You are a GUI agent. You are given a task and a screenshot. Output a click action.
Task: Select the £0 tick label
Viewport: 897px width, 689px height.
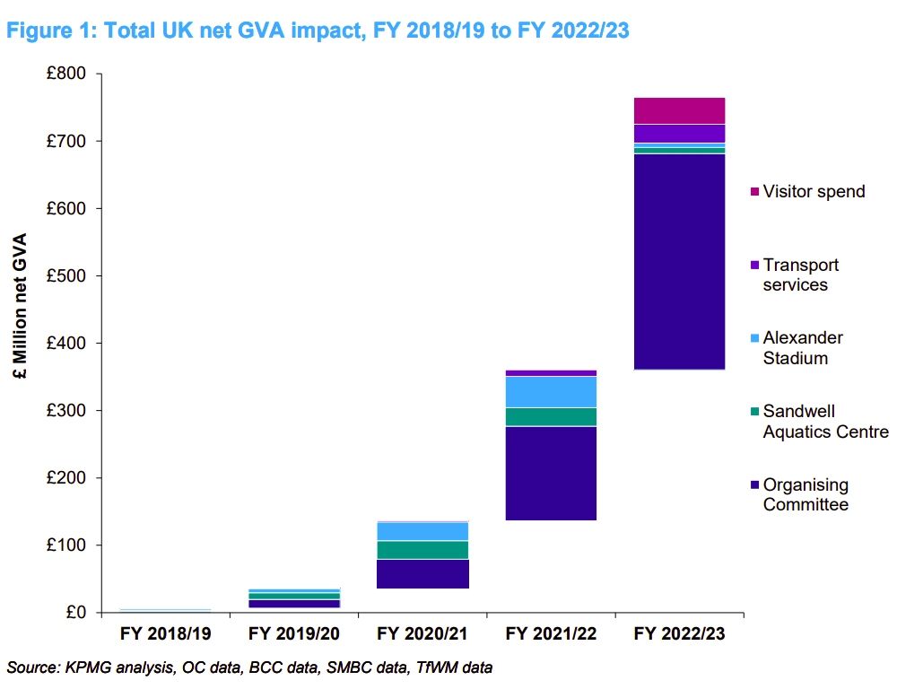click(74, 613)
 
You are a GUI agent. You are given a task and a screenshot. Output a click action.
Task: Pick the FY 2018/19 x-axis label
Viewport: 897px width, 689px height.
click(166, 634)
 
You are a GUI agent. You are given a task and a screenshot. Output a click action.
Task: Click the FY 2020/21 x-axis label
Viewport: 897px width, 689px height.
click(422, 634)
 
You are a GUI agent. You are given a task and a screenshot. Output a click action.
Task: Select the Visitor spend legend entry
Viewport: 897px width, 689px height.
click(813, 191)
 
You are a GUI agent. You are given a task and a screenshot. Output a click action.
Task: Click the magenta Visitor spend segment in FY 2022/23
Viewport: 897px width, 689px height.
click(679, 110)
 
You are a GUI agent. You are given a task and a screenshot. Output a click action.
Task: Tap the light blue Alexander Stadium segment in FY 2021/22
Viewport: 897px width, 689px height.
click(551, 392)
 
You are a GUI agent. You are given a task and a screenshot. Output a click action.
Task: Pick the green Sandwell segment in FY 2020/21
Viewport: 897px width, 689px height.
click(422, 550)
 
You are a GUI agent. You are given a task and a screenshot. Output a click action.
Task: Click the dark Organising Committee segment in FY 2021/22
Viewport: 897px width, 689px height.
click(551, 473)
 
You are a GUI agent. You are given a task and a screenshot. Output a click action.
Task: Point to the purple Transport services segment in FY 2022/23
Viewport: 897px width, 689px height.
click(679, 134)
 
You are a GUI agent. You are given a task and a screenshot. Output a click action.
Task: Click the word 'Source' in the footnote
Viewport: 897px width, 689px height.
click(30, 667)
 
